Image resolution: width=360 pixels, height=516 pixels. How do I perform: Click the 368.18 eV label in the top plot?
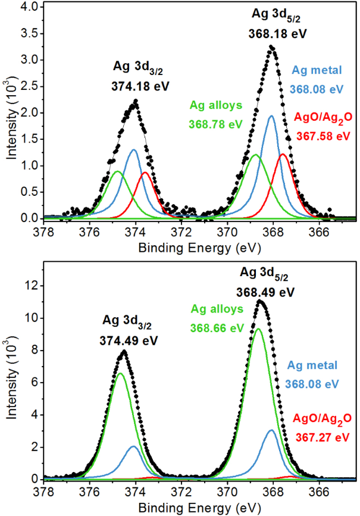(x=277, y=34)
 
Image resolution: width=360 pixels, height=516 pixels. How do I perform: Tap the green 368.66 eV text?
(x=218, y=328)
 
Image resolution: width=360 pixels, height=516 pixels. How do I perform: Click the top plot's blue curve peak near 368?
(x=271, y=116)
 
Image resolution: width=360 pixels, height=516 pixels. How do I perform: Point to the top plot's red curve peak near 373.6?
(x=145, y=173)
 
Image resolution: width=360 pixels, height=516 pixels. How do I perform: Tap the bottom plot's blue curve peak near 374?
(x=133, y=446)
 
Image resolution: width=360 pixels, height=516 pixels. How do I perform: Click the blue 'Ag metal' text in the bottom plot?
(x=312, y=365)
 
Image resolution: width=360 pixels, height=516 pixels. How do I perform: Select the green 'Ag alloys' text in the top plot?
(x=216, y=105)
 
